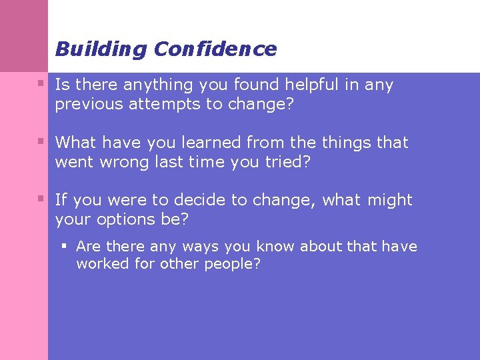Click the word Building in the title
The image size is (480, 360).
pyautogui.click(x=101, y=49)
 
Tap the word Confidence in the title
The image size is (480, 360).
pyautogui.click(x=215, y=49)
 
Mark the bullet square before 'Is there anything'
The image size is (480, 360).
pyautogui.click(x=41, y=84)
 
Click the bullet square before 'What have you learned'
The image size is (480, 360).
pyautogui.click(x=41, y=141)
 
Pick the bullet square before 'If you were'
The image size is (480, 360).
pyautogui.click(x=41, y=199)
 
